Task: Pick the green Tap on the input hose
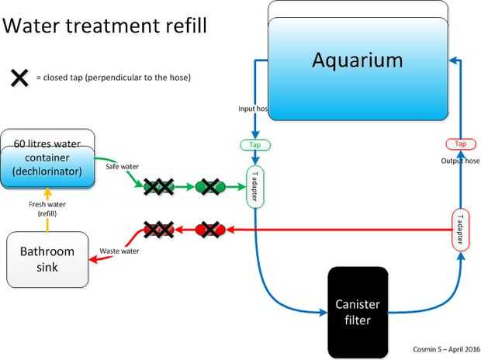(254, 145)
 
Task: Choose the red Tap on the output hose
(461, 144)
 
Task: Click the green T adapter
(255, 187)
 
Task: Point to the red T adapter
(460, 230)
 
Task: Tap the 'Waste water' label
(119, 251)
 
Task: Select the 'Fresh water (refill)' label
(47, 208)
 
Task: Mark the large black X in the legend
(19, 78)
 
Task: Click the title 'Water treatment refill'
(106, 26)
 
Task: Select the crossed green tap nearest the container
(159, 186)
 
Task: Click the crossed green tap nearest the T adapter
(210, 186)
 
